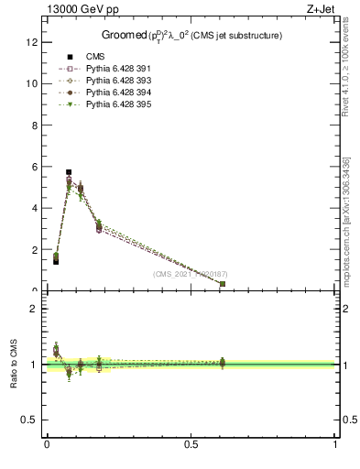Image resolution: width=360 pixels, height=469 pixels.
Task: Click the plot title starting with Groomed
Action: [191, 35]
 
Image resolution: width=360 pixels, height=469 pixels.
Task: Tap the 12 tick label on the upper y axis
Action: [31, 41]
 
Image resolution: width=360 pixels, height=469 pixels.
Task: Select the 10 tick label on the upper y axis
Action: [31, 83]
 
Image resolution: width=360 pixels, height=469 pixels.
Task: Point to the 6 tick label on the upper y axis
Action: [34, 167]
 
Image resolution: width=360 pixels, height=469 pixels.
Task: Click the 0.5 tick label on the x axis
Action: [191, 444]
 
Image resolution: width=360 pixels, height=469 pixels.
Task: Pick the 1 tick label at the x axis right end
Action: [335, 444]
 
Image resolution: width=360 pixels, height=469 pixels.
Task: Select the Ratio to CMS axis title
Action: [15, 365]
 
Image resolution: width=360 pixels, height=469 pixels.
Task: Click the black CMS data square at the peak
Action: [69, 172]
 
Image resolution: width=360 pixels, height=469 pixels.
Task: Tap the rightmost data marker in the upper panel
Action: [223, 284]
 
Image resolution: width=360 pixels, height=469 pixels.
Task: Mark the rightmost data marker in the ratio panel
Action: [223, 363]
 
